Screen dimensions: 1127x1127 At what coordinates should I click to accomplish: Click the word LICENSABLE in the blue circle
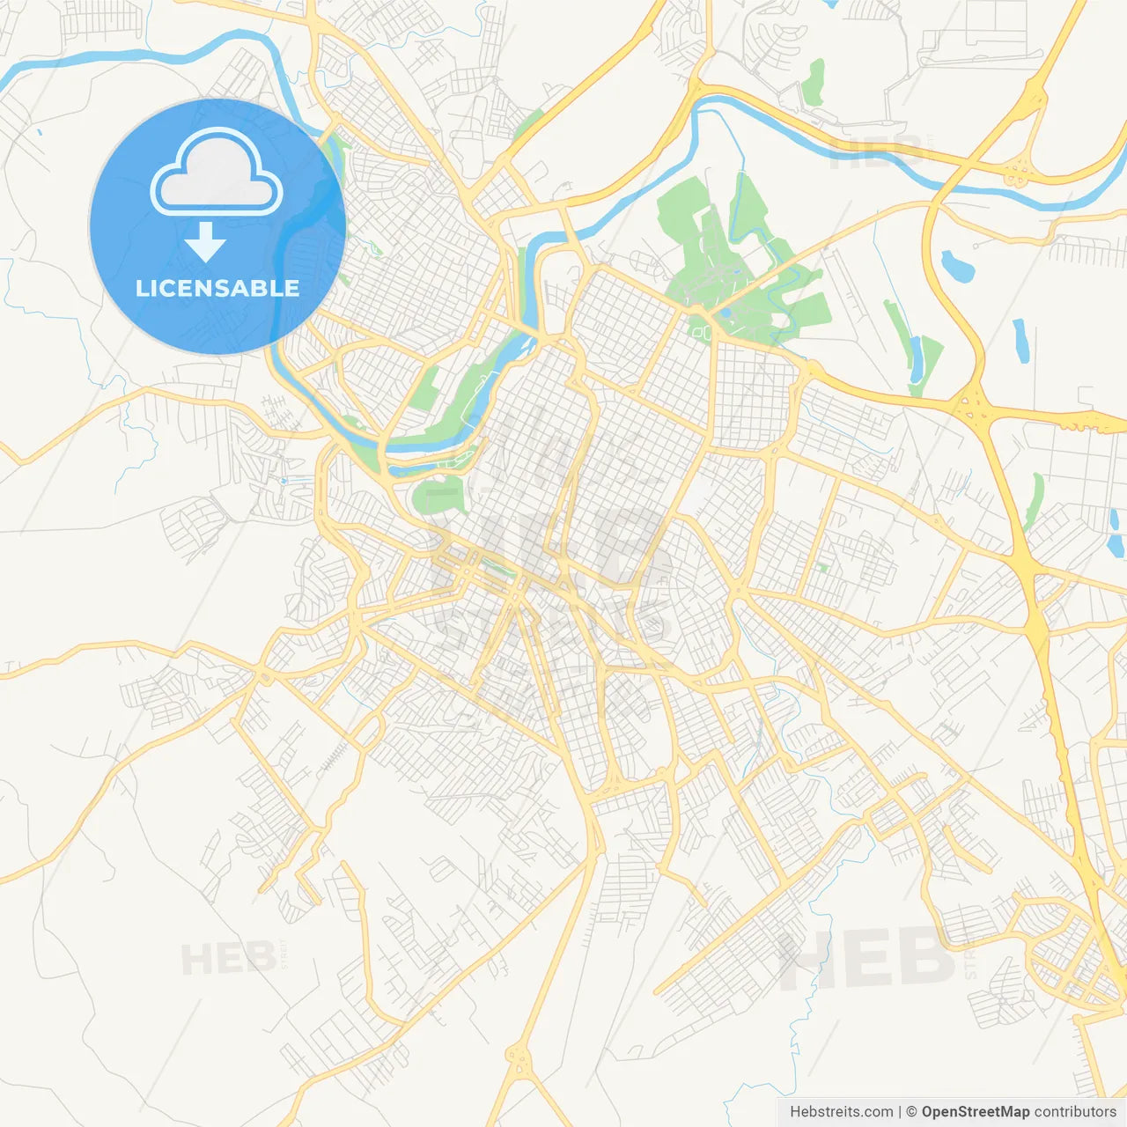tap(217, 289)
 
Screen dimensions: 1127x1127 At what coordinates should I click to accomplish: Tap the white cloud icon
tap(217, 173)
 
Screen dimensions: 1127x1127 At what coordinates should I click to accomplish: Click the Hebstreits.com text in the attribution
tap(841, 1112)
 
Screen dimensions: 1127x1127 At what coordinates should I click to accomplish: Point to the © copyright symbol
tap(911, 1112)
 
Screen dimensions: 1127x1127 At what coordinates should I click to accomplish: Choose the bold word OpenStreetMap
tap(975, 1112)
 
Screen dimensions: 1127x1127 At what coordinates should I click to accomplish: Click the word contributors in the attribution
tap(1075, 1112)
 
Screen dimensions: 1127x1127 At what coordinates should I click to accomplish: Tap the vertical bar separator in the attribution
tap(899, 1112)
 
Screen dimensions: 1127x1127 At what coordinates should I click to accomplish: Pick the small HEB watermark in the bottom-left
tap(227, 958)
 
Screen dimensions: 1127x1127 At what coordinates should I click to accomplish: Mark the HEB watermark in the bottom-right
tap(867, 958)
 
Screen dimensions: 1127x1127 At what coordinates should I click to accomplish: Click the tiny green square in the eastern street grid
tap(822, 568)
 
